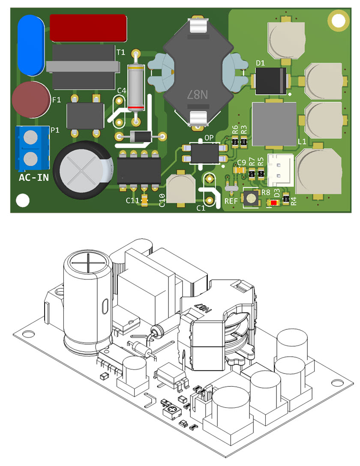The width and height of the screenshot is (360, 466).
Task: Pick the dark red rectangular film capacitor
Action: click(x=88, y=28)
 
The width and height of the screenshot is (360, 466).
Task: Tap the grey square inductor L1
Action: click(x=274, y=124)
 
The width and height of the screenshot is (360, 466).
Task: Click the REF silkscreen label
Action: click(x=231, y=200)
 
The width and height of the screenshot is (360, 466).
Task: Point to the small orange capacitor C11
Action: click(x=144, y=200)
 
